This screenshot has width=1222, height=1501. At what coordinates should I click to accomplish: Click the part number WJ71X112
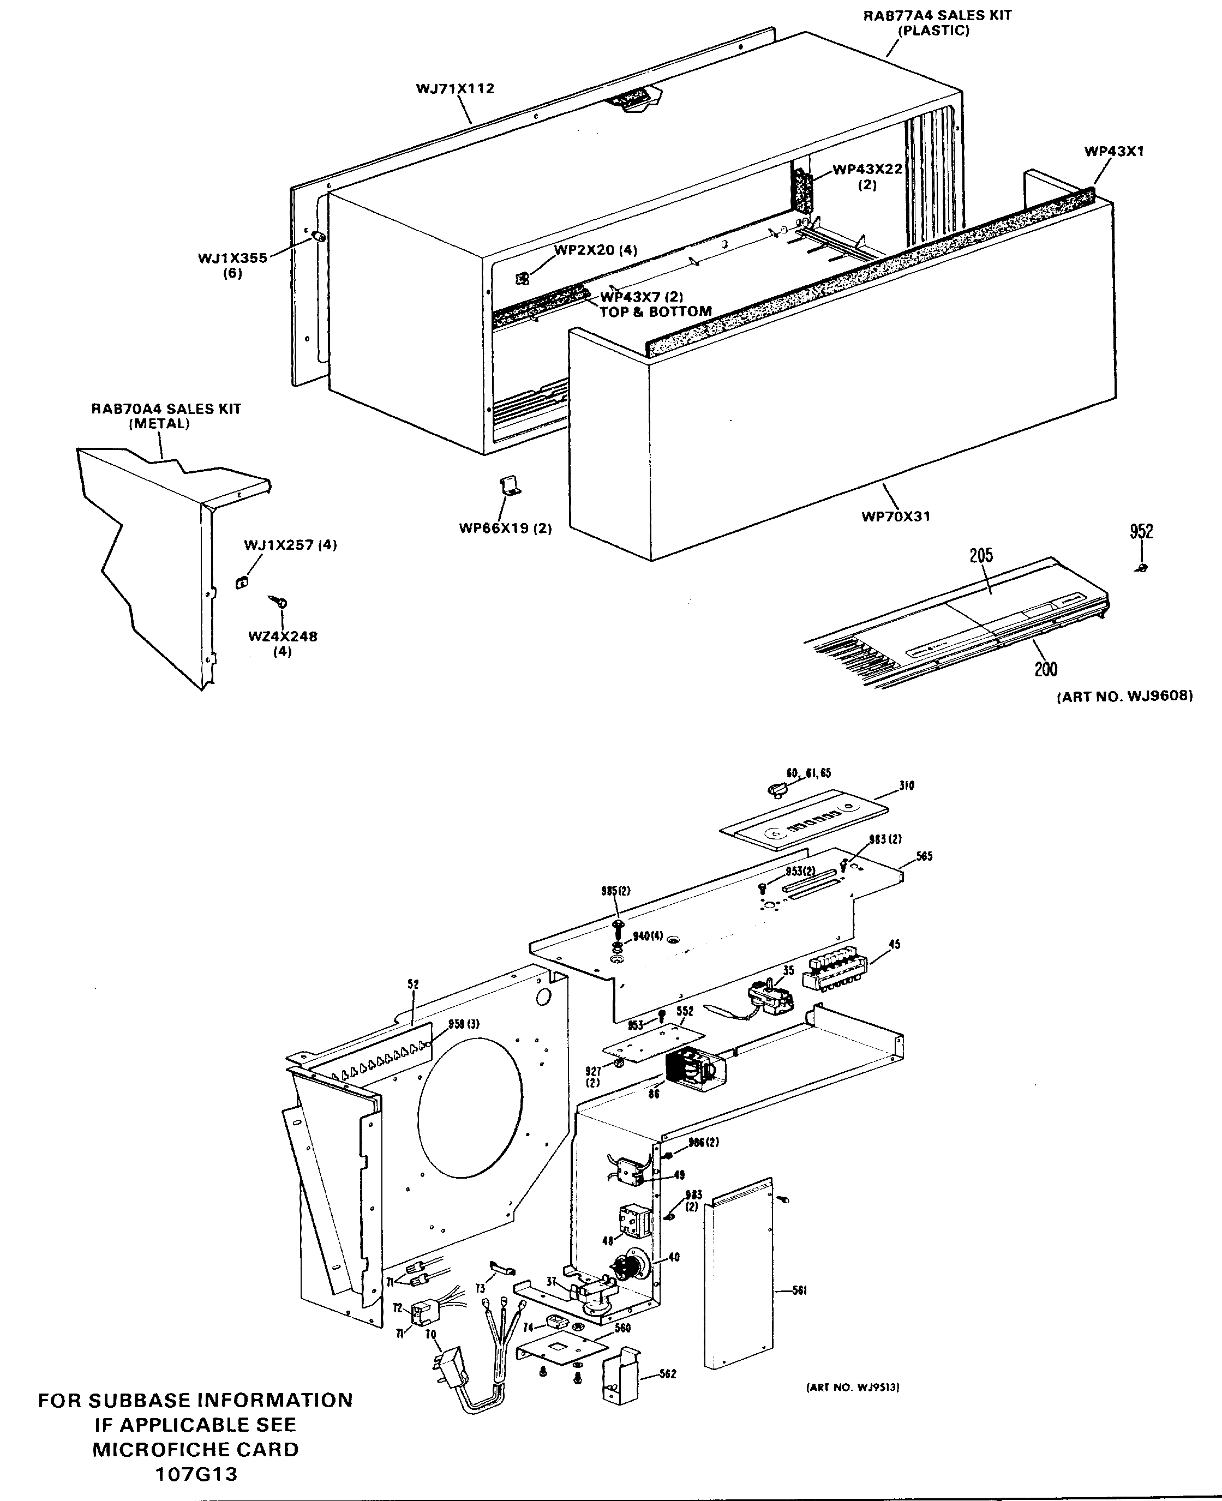[455, 89]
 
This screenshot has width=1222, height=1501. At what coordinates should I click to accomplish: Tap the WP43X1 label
[1113, 151]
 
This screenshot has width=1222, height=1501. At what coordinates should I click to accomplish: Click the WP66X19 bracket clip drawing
[510, 487]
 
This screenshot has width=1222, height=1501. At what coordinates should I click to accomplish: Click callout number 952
[1141, 531]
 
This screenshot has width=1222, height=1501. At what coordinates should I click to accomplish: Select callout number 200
[1045, 669]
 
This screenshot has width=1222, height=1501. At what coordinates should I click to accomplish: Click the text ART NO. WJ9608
[1124, 696]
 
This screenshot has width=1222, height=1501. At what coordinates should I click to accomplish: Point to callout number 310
[906, 786]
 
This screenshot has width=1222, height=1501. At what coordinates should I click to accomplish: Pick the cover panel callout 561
[799, 1290]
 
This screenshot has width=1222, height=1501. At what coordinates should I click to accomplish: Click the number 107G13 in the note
[196, 1474]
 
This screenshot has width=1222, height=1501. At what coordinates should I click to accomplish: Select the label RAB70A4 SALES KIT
[166, 409]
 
